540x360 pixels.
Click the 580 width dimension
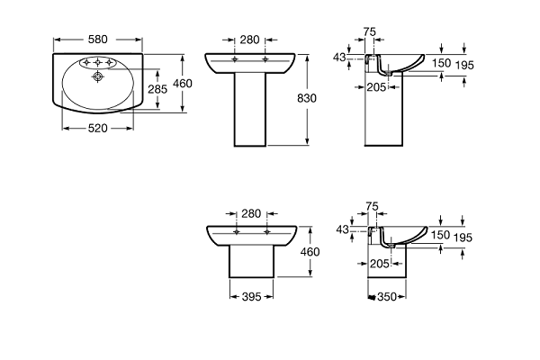click(x=98, y=39)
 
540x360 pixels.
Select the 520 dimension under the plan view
click(x=98, y=128)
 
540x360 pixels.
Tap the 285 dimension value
click(x=157, y=89)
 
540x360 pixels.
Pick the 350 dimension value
click(x=388, y=296)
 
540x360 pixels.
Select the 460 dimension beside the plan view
click(x=184, y=84)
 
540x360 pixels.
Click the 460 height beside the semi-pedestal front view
click(x=310, y=253)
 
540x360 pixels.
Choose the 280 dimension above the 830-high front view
click(x=250, y=39)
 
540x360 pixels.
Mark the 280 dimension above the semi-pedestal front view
click(x=251, y=213)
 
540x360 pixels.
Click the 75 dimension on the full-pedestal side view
click(x=369, y=31)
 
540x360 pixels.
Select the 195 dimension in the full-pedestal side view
click(x=463, y=64)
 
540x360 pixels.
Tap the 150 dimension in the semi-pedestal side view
click(x=440, y=234)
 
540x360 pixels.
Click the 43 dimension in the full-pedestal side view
click(x=339, y=57)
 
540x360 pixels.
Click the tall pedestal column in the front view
click(x=250, y=112)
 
